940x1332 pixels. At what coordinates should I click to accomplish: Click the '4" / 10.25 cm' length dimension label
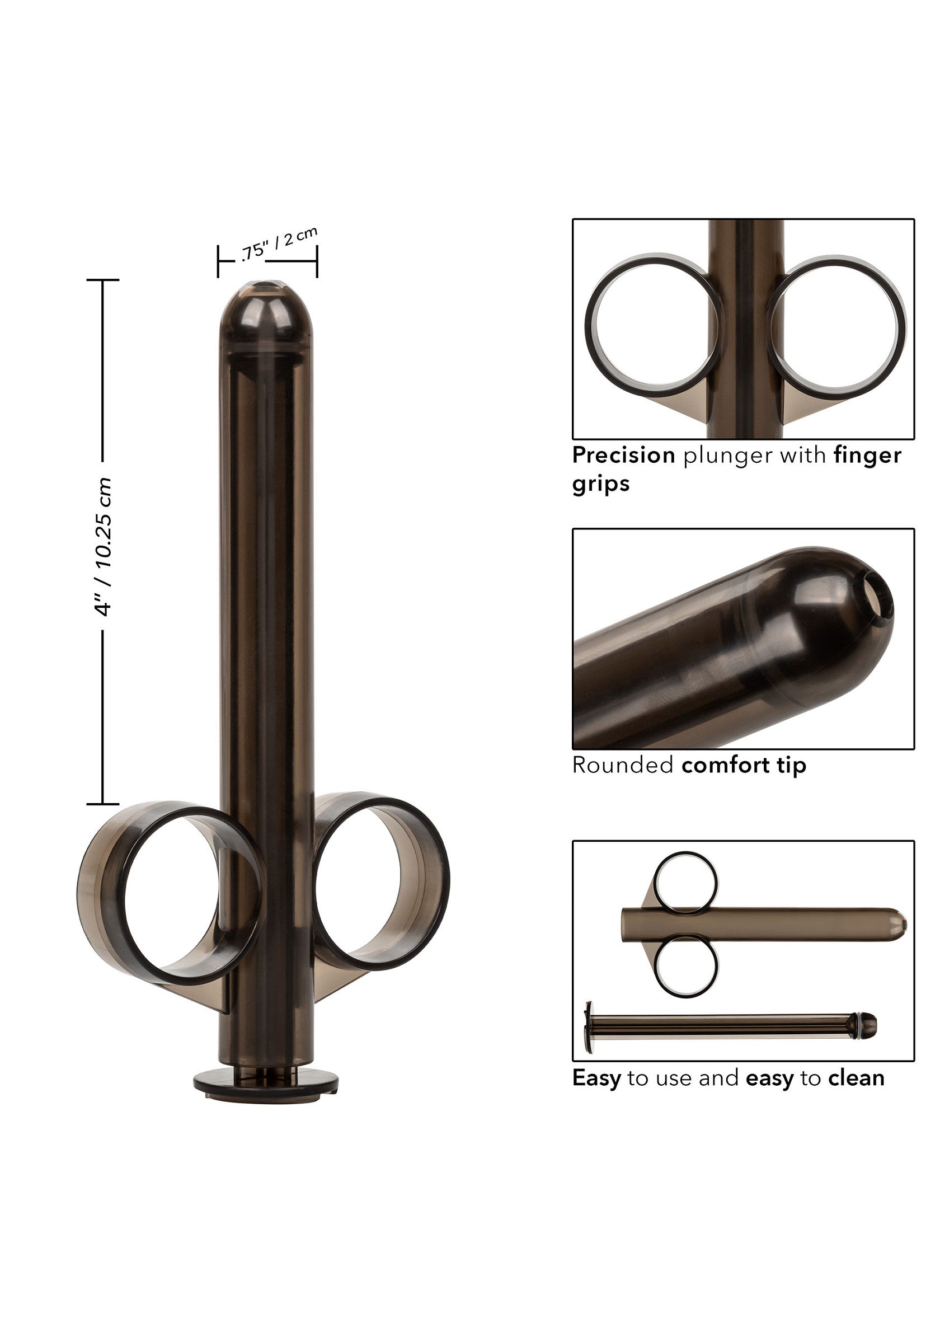103,546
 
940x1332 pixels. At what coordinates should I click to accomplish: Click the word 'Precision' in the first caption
623,456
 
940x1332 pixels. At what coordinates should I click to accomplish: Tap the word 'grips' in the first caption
601,483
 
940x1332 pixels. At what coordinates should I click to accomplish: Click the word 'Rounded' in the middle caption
622,765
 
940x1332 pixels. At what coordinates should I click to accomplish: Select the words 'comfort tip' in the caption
744,765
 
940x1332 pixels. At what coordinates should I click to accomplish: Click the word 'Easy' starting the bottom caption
596,1078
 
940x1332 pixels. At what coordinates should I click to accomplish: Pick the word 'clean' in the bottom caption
856,1078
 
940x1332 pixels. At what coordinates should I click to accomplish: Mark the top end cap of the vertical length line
102,280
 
